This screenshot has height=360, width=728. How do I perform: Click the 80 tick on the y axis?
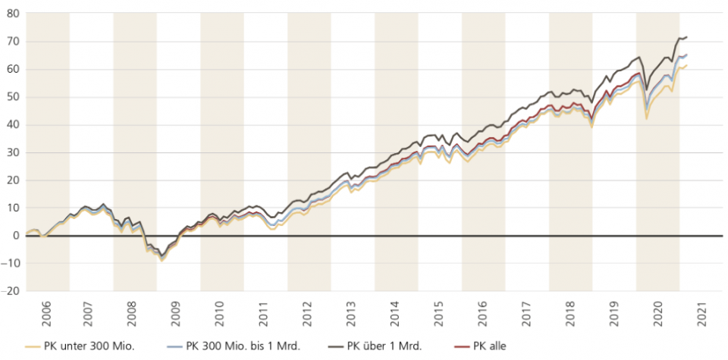[14, 14]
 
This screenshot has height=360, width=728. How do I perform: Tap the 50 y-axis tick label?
[14, 97]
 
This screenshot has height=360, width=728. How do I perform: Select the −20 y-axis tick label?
[11, 291]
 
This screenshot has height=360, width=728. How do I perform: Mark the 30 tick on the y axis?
[14, 152]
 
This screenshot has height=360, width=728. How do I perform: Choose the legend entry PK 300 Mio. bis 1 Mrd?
[243, 346]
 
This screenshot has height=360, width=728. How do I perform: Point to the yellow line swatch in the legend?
[31, 346]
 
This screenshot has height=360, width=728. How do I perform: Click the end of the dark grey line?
[687, 37]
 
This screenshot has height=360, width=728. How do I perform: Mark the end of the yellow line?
[687, 66]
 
